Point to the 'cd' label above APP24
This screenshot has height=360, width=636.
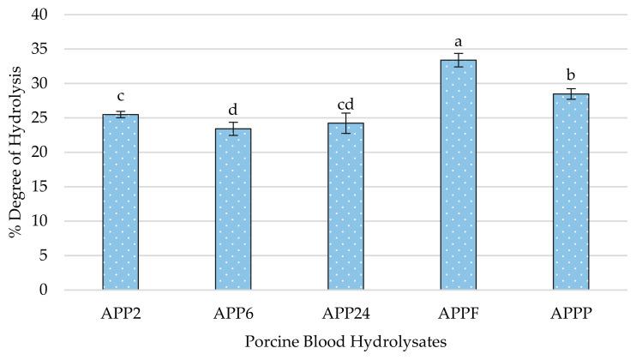pyautogui.click(x=345, y=104)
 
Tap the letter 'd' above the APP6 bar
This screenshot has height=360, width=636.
pyautogui.click(x=233, y=110)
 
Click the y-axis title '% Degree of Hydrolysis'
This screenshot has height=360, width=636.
pyautogui.click(x=15, y=153)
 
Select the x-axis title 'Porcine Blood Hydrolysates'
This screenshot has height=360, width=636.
pyautogui.click(x=345, y=342)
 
